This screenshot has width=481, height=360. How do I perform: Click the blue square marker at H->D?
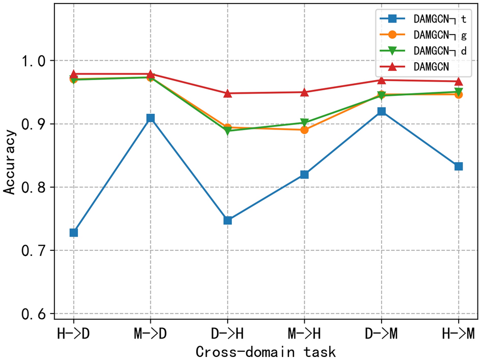tap(74, 233)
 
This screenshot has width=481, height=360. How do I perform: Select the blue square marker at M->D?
tap(151, 118)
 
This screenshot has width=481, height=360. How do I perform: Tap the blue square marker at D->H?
tap(228, 220)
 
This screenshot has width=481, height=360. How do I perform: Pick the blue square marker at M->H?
tap(305, 174)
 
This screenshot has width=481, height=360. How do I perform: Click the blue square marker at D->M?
tap(381, 111)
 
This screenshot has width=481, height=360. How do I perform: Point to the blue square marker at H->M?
tap(458, 166)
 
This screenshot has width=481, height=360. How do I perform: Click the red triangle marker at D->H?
tap(228, 93)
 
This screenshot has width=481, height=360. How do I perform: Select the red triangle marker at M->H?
tap(305, 92)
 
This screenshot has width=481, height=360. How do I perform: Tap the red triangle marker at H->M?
tap(458, 81)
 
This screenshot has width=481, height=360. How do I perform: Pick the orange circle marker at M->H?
tap(305, 130)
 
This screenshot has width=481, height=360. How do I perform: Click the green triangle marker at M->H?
tap(305, 123)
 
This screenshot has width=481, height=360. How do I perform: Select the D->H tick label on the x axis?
tap(228, 333)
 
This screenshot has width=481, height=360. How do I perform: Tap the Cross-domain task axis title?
tap(265, 351)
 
